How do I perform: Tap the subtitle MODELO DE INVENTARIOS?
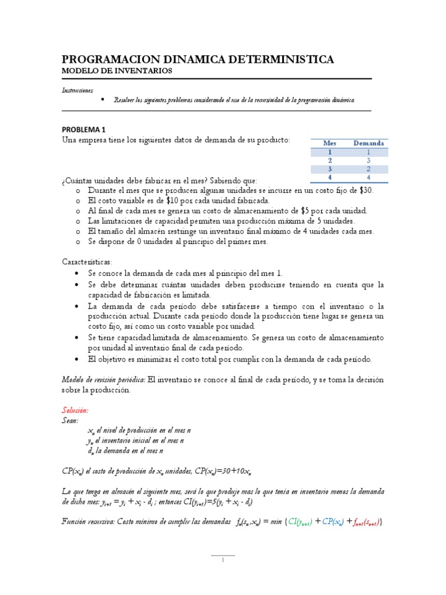point(117,71)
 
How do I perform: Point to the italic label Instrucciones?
point(78,91)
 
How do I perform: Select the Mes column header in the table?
point(330,143)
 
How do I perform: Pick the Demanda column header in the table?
point(368,143)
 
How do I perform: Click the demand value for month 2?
point(368,160)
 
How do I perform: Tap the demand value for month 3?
point(368,169)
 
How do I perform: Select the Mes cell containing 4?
point(330,177)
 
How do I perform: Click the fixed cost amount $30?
point(366,190)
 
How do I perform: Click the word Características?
point(88,262)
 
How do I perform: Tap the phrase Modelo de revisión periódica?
point(103,379)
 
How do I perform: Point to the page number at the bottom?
point(223,561)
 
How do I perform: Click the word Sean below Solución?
point(71,420)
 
